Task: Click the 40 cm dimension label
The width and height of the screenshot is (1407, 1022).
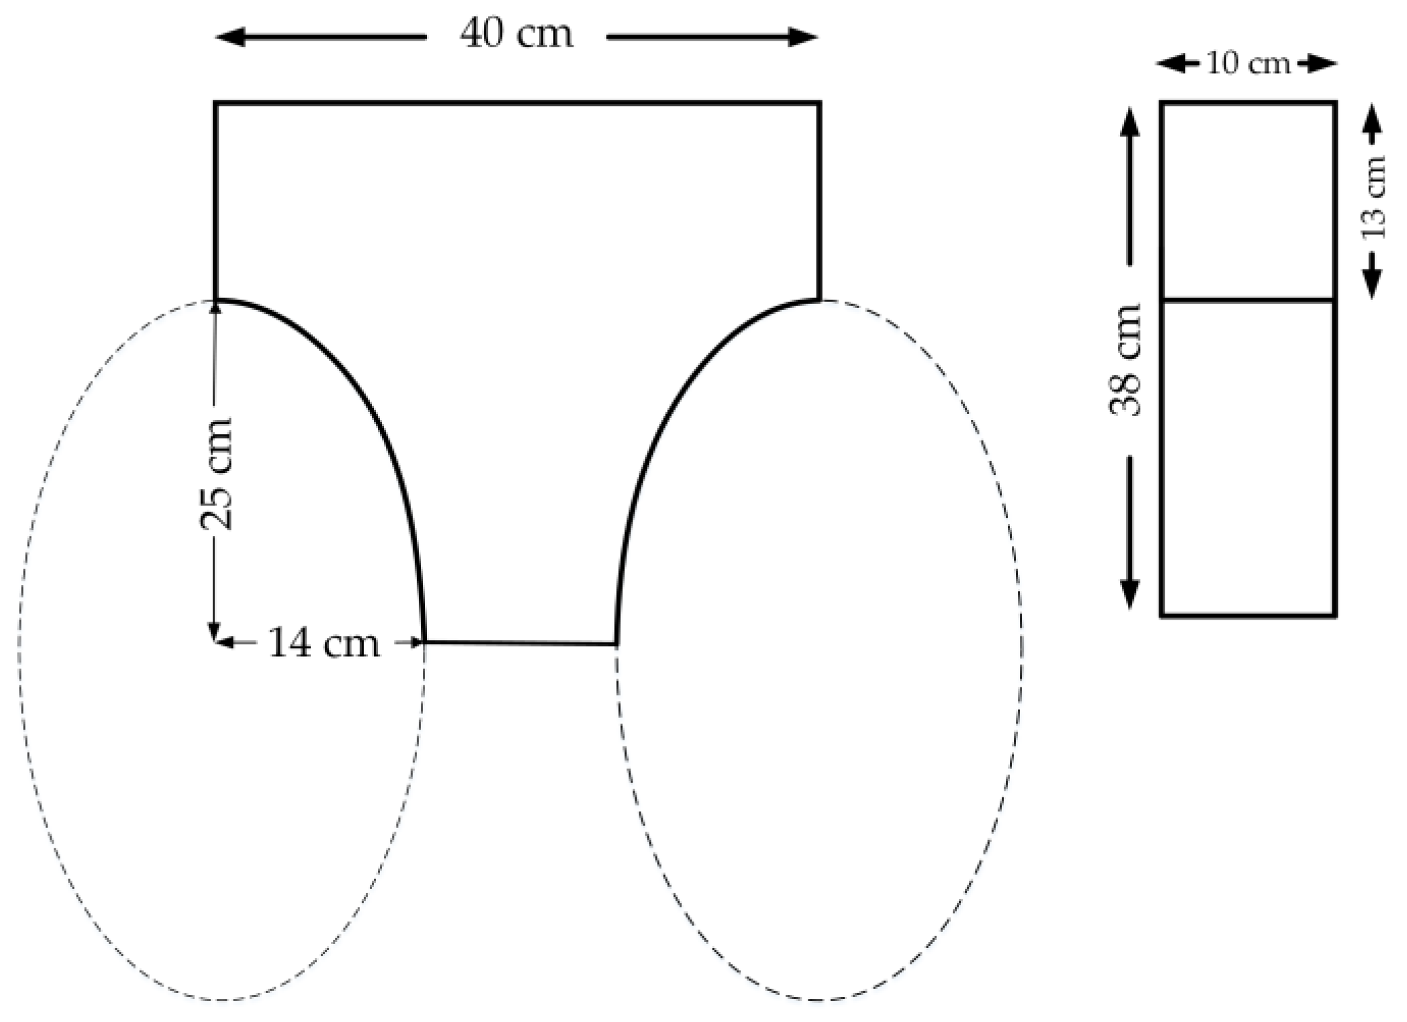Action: coord(516,34)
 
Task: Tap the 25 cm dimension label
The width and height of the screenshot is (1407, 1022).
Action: coord(216,474)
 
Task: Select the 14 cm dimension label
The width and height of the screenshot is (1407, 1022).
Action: coord(324,643)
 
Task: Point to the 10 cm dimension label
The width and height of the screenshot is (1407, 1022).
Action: coord(1247,64)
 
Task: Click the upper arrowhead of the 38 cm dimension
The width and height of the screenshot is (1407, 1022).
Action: coord(1129,122)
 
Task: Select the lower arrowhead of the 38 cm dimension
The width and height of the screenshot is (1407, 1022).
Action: coord(1129,595)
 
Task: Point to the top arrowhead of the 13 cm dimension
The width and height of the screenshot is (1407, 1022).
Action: coord(1372,117)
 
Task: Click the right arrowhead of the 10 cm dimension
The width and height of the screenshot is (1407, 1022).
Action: coord(1325,64)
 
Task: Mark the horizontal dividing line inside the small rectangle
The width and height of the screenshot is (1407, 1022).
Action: coord(1248,299)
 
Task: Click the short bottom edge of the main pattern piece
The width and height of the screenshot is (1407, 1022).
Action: coord(520,642)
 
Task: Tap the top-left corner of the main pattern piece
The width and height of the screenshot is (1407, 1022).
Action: coord(216,103)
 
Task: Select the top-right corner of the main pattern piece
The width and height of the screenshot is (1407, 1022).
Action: coord(819,103)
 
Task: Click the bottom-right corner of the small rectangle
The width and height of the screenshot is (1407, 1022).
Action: coord(1335,616)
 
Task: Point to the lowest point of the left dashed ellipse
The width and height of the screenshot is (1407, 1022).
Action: coord(221,1000)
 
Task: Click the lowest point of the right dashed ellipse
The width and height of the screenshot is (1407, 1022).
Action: coord(819,1000)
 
